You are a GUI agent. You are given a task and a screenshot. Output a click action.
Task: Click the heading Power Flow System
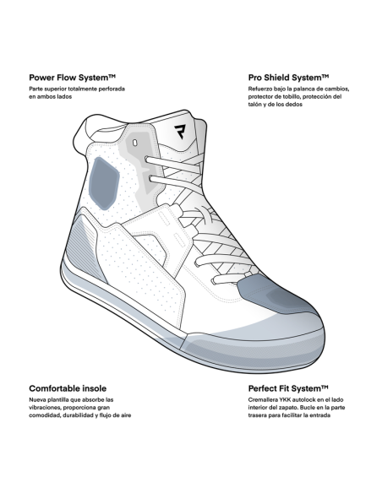coord(73,78)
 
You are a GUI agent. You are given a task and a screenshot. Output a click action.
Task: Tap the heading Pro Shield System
coord(288,78)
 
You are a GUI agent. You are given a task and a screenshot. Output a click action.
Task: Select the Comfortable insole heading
coord(68,388)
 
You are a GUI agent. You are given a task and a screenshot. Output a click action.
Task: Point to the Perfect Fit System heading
coord(288,388)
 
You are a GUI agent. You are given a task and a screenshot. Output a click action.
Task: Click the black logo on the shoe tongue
coord(181,132)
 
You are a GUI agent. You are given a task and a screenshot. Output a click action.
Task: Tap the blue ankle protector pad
coord(104,183)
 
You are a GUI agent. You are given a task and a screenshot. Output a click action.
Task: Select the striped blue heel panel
coord(85,248)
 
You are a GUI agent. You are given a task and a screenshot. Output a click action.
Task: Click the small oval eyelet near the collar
coord(135,143)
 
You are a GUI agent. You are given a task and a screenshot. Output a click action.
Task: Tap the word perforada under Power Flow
coord(112,89)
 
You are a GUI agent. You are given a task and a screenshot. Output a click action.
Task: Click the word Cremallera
coord(263,400)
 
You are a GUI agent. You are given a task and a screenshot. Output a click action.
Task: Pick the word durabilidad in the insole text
coord(78,415)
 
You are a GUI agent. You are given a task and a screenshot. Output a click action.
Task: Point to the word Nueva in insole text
coord(37,400)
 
